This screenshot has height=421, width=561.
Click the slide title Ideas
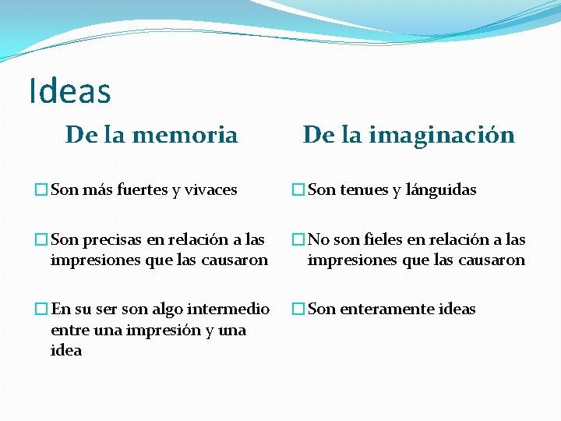[x=69, y=90]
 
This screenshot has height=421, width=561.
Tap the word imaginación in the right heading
[x=453, y=135]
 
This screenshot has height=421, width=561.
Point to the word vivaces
[x=210, y=189]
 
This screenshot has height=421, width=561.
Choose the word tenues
[x=364, y=189]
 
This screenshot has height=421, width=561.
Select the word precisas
[x=108, y=239]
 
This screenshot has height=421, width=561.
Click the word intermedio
[x=235, y=309]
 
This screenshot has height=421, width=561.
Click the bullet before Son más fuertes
[x=41, y=189]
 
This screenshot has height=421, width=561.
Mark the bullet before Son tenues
[x=298, y=189]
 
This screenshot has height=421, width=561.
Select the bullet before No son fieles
[x=298, y=239]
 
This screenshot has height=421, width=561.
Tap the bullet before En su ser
[x=41, y=309]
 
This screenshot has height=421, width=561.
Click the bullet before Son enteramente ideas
[x=298, y=309]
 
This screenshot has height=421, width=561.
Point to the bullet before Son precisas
[x=41, y=239]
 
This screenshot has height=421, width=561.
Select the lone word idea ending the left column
[x=66, y=350]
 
